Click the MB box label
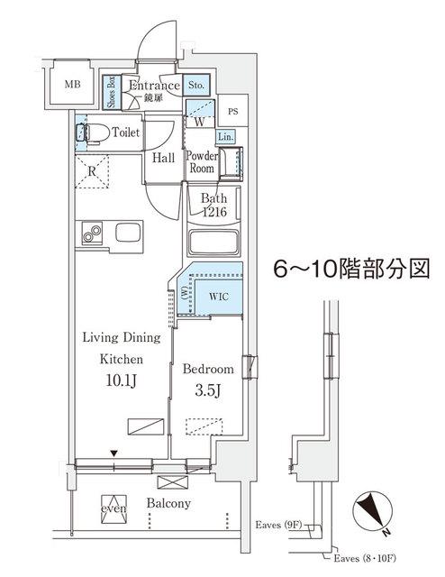coord(71,86)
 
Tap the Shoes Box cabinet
coord(110,92)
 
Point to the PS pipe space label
coord(233,113)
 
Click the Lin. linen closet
coord(225,136)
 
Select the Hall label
coord(163,158)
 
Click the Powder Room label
coord(200,161)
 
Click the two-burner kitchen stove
coord(91,233)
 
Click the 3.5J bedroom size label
coord(208,392)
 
